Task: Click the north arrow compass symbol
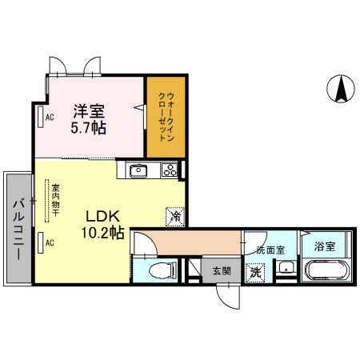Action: (x=341, y=89)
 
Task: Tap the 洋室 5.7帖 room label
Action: (x=89, y=119)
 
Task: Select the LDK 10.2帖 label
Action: (x=102, y=225)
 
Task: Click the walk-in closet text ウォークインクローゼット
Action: (x=166, y=117)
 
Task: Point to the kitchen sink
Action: (x=138, y=170)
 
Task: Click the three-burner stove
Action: (x=170, y=170)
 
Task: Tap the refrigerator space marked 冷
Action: (x=175, y=217)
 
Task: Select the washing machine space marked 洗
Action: (x=255, y=272)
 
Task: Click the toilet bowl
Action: (x=162, y=271)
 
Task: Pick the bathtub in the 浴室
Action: (x=327, y=270)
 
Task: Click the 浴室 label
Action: (x=324, y=246)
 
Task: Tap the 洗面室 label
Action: (x=270, y=250)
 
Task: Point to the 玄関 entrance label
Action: (x=222, y=271)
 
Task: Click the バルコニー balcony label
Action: (x=18, y=230)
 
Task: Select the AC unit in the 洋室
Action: (x=41, y=117)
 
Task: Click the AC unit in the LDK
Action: (x=41, y=242)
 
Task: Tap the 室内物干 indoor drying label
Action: (x=56, y=200)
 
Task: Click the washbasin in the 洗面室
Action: (x=286, y=267)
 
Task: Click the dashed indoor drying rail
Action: (x=47, y=201)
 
